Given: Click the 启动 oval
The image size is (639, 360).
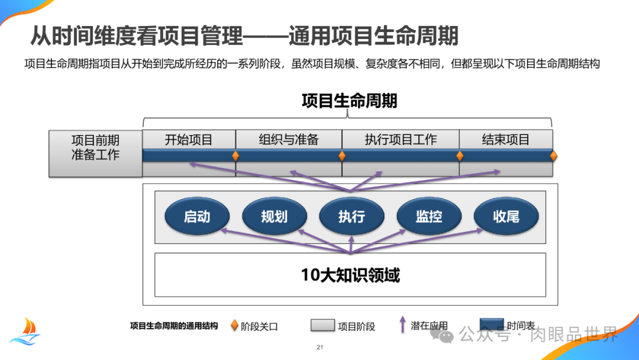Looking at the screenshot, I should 197,217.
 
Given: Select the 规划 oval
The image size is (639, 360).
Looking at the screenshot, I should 274,217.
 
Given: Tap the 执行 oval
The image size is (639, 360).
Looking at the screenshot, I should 351,217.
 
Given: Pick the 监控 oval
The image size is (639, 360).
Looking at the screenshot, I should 428,217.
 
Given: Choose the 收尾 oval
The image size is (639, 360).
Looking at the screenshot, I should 506,217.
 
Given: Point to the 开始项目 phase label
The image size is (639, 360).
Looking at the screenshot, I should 189,140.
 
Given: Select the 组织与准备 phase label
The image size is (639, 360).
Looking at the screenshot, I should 289,140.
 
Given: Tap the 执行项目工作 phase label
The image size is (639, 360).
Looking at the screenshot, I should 401,140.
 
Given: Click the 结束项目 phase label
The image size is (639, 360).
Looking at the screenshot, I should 506,140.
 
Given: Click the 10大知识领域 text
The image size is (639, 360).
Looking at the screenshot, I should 350,275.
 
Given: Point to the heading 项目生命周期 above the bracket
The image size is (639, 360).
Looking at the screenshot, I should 349,101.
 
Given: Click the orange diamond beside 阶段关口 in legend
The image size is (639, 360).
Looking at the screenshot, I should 235,326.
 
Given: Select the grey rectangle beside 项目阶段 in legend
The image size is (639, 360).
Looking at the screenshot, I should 322,326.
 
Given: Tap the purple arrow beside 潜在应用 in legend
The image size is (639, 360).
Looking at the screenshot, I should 402,324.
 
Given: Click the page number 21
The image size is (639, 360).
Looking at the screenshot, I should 319,347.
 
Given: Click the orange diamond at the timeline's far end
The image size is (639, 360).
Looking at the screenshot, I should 554,156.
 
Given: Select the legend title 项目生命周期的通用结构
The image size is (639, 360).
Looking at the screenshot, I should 174,326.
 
